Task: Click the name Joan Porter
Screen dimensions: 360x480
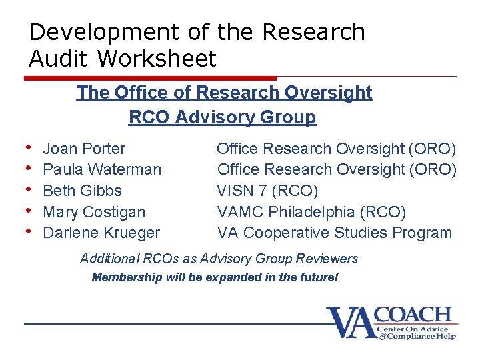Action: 84,148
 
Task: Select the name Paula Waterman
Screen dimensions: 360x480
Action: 102,169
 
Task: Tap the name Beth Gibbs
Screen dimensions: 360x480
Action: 82,191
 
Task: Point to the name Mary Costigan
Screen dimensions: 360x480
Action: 94,212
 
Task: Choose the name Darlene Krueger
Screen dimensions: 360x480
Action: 101,233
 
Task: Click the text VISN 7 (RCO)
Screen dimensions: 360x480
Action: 267,191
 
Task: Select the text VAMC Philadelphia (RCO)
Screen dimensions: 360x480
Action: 311,212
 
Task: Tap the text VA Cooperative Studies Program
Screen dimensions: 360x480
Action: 334,233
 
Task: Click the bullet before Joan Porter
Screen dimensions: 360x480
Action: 29,147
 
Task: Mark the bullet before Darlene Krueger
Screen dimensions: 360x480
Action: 29,231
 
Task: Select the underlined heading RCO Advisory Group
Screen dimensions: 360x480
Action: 222,117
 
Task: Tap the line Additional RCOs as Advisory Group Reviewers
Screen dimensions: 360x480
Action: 219,259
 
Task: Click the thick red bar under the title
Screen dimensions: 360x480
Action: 150,78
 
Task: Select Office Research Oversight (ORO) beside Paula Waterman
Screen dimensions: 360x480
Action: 337,169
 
